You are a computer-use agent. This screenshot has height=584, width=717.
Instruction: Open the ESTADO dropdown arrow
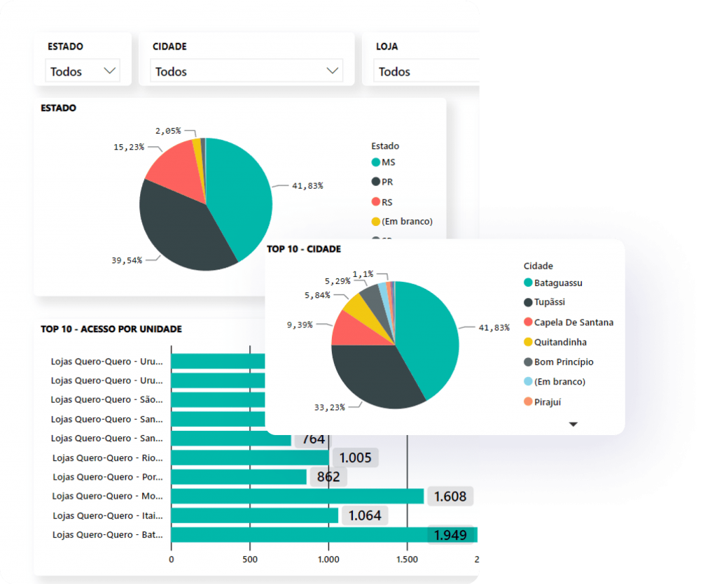point(109,71)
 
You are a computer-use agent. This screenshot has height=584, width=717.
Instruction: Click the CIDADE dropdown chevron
point(333,71)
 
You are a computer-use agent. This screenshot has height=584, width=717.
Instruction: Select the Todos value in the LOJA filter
point(395,71)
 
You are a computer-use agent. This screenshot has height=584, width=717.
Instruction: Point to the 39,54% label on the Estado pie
point(127,260)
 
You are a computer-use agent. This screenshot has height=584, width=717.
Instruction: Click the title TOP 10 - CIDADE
point(304,248)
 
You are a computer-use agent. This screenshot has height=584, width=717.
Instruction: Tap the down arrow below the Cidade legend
point(573,424)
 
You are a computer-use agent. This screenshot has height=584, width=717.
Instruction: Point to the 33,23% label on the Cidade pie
point(329,407)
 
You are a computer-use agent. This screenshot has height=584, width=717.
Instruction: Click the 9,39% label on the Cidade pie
point(299,325)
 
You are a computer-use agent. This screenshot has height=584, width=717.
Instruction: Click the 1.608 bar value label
point(450,497)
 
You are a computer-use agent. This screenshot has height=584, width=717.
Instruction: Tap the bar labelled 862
point(239,477)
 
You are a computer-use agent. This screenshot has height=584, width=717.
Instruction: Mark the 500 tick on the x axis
point(250,559)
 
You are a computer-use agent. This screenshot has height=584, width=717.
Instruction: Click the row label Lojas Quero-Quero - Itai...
point(108,515)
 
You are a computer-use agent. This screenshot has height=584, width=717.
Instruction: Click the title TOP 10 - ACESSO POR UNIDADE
point(111,329)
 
